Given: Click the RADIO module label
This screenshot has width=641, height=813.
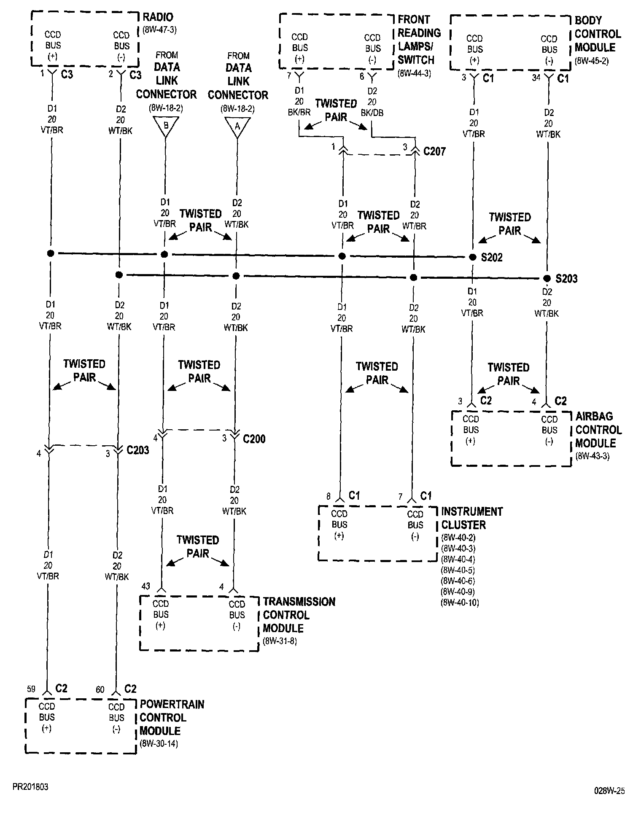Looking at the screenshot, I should pyautogui.click(x=158, y=17).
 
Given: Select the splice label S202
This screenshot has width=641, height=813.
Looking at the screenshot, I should pyautogui.click(x=492, y=258).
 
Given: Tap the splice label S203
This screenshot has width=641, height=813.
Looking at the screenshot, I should pyautogui.click(x=566, y=279).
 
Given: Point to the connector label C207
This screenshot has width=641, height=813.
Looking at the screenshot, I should pyautogui.click(x=434, y=151).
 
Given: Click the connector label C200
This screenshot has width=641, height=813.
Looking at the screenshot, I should pyautogui.click(x=254, y=439).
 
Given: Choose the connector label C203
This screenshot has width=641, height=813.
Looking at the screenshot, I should pyautogui.click(x=138, y=450).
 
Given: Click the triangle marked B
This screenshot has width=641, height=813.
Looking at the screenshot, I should pyautogui.click(x=165, y=125).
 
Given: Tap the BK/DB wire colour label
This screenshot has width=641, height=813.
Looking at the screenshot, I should pyautogui.click(x=372, y=113).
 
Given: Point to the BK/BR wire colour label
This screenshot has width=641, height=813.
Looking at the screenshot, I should pyautogui.click(x=299, y=113).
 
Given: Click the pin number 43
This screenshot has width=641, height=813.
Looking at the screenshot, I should pyautogui.click(x=145, y=586).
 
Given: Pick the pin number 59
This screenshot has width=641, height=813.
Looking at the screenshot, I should pyautogui.click(x=31, y=689).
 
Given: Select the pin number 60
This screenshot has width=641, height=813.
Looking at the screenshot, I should pyautogui.click(x=100, y=689).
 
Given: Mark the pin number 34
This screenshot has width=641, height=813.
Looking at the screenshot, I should pyautogui.click(x=536, y=78).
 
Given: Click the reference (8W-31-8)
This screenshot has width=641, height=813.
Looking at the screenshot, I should pyautogui.click(x=280, y=642).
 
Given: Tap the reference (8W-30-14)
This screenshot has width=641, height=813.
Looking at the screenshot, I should pyautogui.click(x=159, y=744).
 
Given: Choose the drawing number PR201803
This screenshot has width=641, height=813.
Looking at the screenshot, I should pyautogui.click(x=30, y=787).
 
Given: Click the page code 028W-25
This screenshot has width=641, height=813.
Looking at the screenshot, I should pyautogui.click(x=609, y=791).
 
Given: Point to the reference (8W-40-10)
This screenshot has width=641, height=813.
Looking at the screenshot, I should pyautogui.click(x=460, y=603).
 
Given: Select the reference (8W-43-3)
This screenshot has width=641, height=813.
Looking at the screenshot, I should pyautogui.click(x=592, y=456).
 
